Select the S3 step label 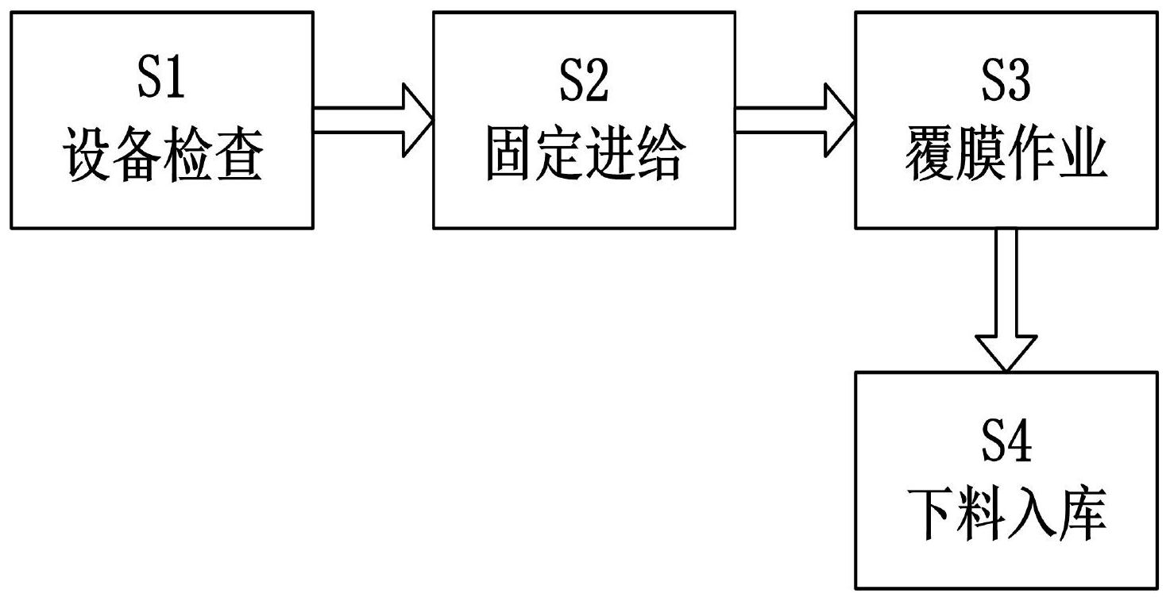1006,82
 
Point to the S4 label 1006,443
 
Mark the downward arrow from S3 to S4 1006,300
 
